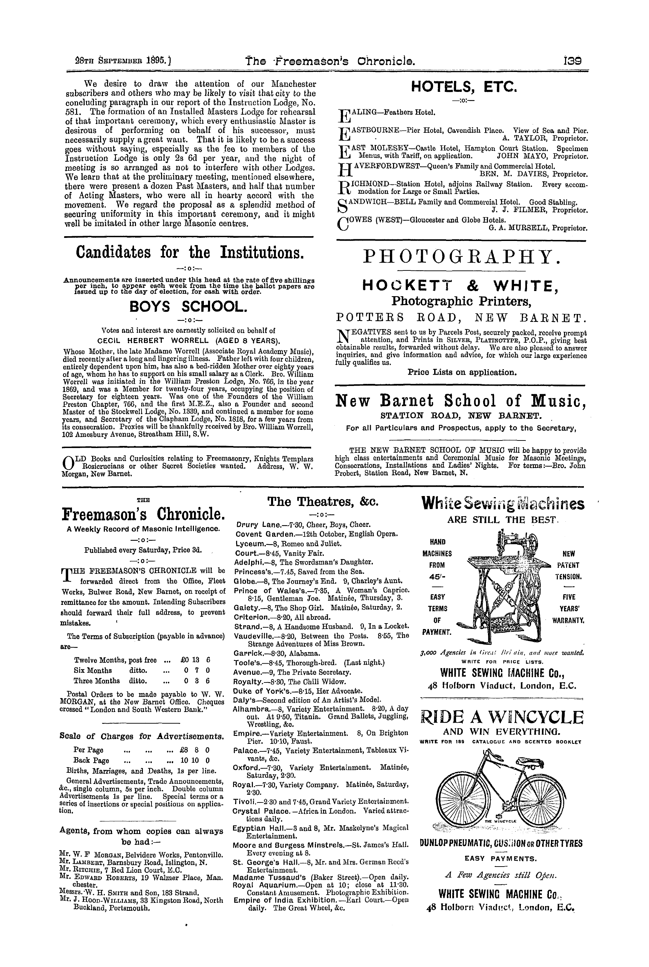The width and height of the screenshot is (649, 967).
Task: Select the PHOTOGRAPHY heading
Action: point(463,257)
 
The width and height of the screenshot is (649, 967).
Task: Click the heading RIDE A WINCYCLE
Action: point(502,717)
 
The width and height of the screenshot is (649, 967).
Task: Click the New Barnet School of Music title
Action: point(461,400)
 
